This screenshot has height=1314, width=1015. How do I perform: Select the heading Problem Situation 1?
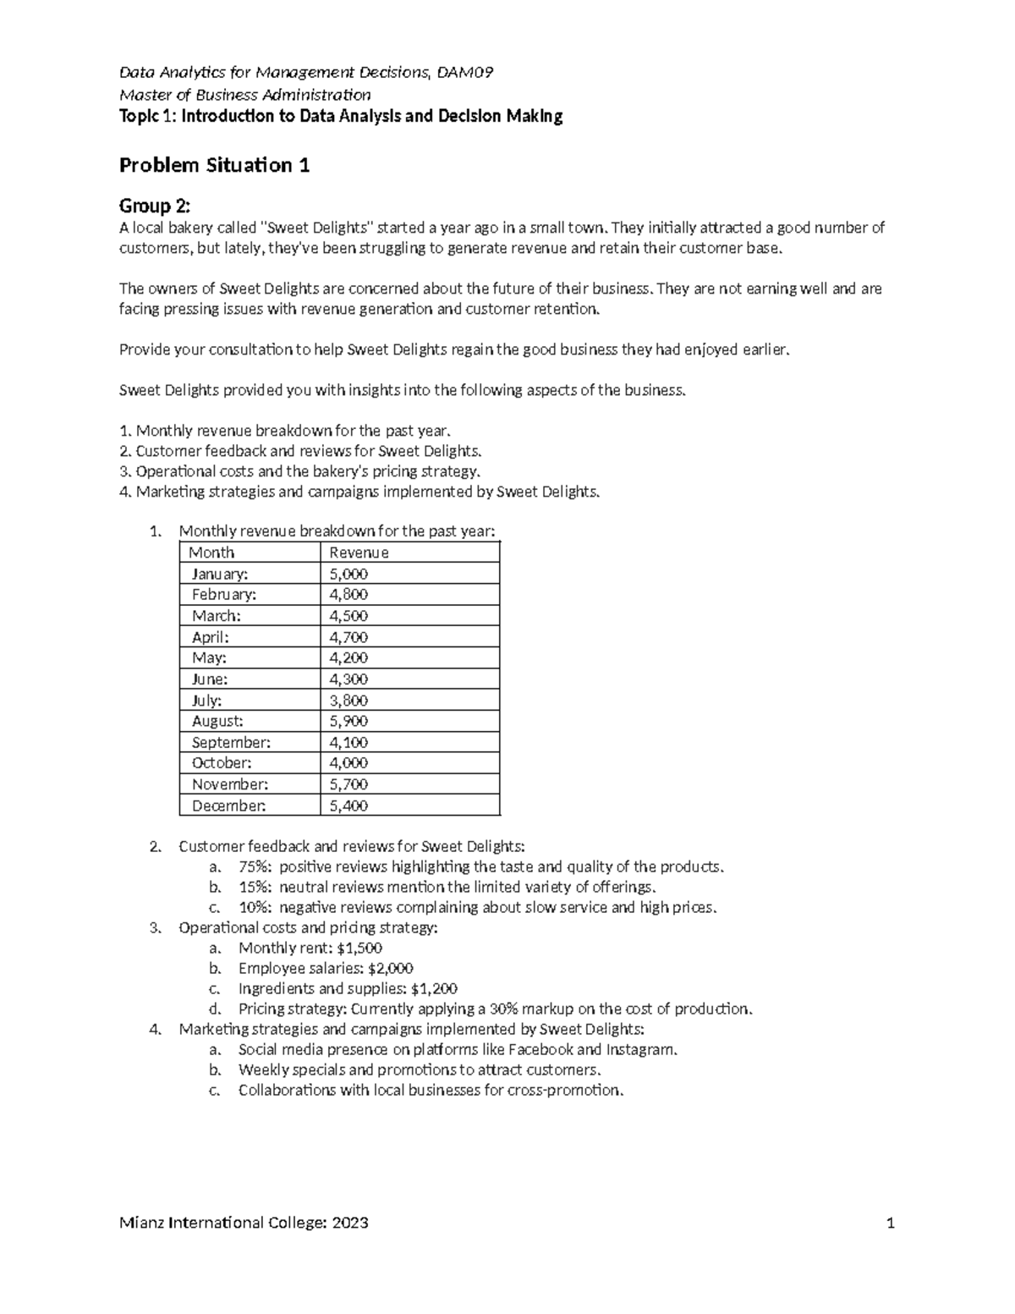(x=214, y=165)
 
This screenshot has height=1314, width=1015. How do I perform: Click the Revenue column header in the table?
(x=359, y=553)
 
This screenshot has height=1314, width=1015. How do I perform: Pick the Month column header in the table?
(x=211, y=553)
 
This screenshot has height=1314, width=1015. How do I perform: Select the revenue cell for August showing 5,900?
(x=348, y=721)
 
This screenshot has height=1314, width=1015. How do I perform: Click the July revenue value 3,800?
(x=348, y=700)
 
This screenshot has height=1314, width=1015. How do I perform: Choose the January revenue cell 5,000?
(x=348, y=574)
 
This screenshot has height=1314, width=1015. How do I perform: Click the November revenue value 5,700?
(x=348, y=784)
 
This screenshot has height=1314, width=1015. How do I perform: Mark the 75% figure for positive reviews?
(x=255, y=866)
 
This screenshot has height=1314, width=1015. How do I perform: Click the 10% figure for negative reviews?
(x=255, y=907)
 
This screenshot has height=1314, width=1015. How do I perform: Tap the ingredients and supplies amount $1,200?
(x=434, y=988)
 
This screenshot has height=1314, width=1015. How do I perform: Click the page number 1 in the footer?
(x=890, y=1223)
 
